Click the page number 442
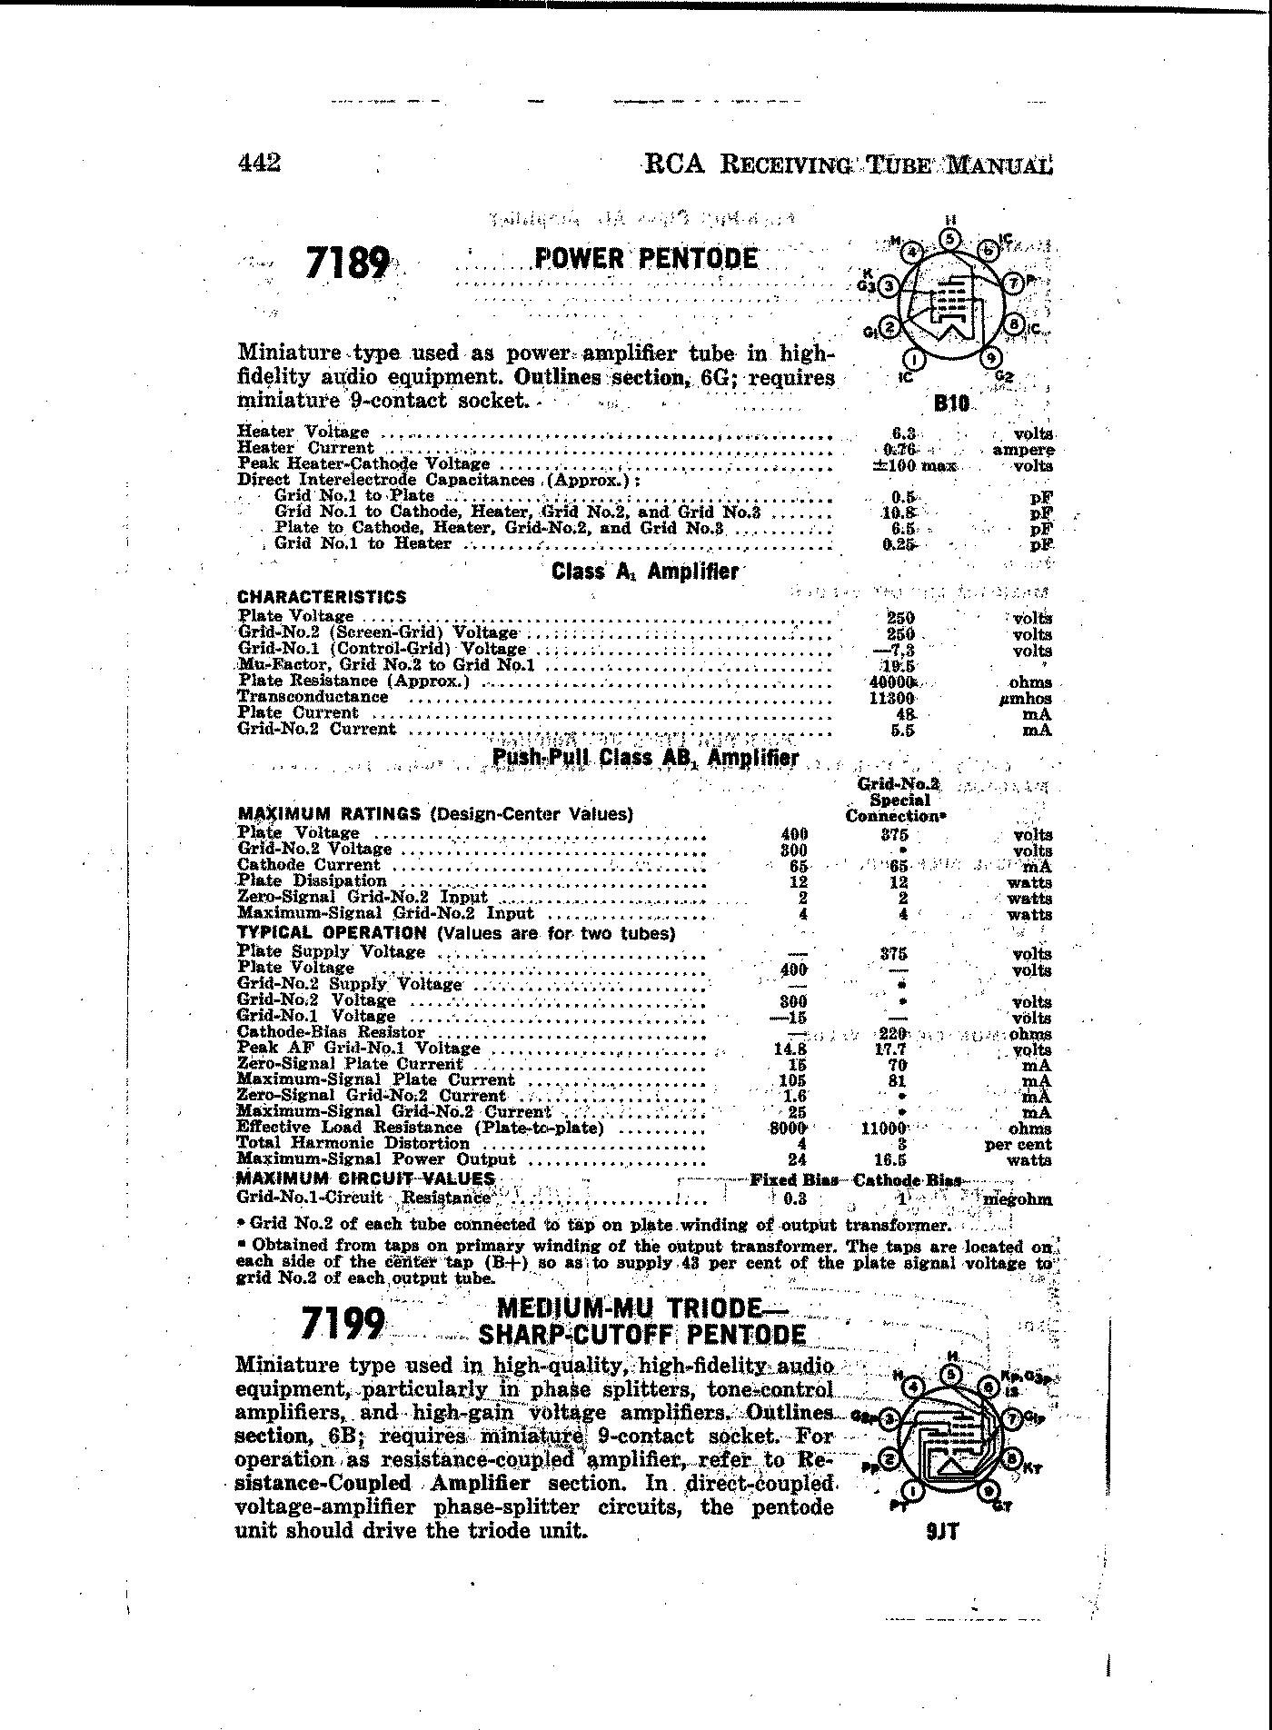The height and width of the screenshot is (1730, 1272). coord(259,163)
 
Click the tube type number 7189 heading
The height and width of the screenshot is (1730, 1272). coord(349,264)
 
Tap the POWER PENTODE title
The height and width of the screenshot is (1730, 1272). coord(646,259)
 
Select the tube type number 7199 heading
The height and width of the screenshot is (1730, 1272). coord(343,1323)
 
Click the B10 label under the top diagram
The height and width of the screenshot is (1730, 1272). coord(951,403)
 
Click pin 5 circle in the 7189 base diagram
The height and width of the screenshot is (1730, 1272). coord(950,239)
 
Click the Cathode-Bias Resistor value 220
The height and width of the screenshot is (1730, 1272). coord(894,1034)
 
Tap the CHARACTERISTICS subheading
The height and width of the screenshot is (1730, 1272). coord(322,597)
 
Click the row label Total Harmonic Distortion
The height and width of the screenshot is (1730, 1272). coord(353,1144)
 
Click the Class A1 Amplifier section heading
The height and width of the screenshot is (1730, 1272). coord(645,572)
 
